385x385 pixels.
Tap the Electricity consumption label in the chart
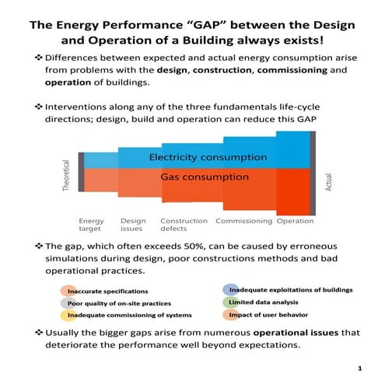pos(208,157)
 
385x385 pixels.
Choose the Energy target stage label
pos(92,225)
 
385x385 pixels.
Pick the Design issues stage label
pos(133,225)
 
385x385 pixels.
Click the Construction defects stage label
pos(184,225)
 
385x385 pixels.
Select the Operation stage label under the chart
pos(296,221)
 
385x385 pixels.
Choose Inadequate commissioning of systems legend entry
pos(124,316)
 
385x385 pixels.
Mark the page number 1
pos(360,367)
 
